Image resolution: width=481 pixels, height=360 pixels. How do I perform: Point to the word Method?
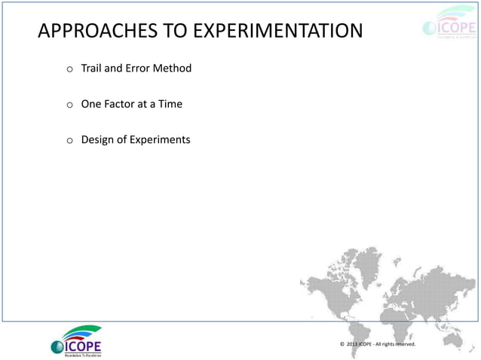click(173, 69)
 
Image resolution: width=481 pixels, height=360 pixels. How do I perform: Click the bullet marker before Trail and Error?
click(69, 70)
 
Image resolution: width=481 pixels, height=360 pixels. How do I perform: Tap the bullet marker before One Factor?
click(69, 105)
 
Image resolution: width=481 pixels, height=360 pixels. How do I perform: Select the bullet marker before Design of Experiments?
click(69, 141)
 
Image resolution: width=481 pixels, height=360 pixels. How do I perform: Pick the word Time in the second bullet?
click(170, 104)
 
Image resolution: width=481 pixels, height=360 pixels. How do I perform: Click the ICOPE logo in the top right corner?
click(449, 29)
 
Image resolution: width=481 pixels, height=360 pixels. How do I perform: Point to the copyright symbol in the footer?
click(342, 344)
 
